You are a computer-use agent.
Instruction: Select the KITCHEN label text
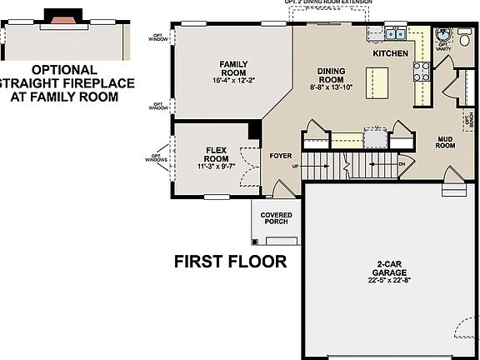pyautogui.click(x=390, y=53)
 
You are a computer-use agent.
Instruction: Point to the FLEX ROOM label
pyautogui.click(x=217, y=154)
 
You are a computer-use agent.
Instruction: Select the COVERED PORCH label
pyautogui.click(x=276, y=218)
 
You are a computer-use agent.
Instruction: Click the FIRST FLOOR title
pyautogui.click(x=230, y=262)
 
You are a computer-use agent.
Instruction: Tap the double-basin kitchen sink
pyautogui.click(x=393, y=35)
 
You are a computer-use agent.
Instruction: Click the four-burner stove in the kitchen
pyautogui.click(x=422, y=72)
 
